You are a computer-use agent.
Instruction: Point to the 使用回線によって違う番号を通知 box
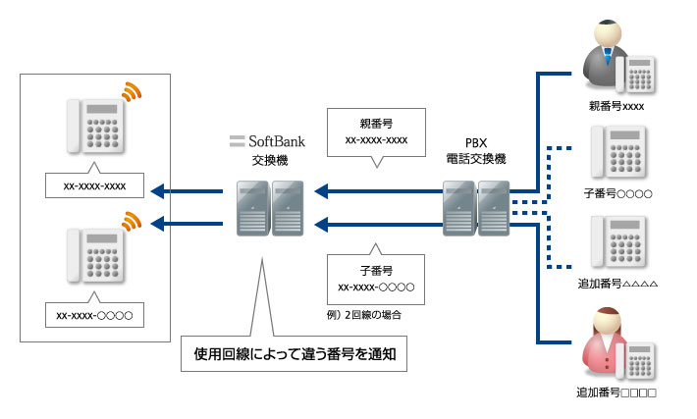pos(295,352)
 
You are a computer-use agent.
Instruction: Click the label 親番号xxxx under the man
pos(617,106)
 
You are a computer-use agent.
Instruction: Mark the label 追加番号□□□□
pos(617,393)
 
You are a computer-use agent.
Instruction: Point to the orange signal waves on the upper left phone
pos(132,92)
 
